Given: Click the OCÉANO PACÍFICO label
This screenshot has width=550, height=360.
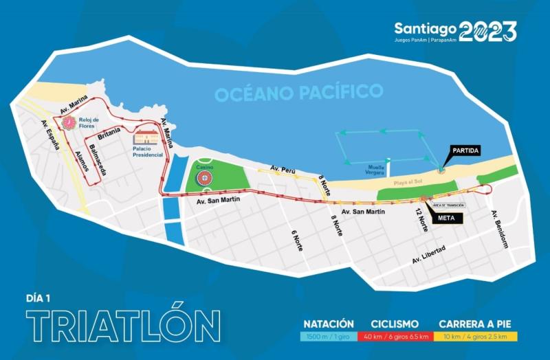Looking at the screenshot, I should pos(298,92).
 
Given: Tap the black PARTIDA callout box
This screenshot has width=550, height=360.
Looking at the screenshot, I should pos(465,150).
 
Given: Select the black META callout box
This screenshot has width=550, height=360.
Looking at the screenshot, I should pos(445,219).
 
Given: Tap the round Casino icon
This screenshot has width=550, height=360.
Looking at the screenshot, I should pos(203,179).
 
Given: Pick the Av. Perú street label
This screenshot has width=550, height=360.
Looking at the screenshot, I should pos(283,168).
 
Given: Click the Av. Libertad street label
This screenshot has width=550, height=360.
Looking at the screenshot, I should pos(430,255).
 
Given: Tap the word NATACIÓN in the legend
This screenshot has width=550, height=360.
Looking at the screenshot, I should pos(329,324).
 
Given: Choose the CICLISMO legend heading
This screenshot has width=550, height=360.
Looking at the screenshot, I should pos(396,324).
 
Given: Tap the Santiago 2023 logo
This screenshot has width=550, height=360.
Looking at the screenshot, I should pos(454,31).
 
